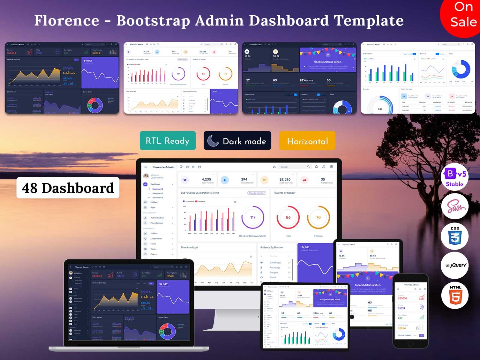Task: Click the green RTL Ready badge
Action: (x=167, y=141)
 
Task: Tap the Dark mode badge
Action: (x=237, y=141)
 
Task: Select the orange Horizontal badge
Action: (x=307, y=141)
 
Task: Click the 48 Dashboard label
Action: (x=68, y=188)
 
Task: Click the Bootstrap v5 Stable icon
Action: (x=455, y=177)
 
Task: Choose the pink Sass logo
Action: (x=455, y=207)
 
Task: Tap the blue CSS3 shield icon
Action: (x=455, y=236)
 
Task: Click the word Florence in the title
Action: (x=67, y=21)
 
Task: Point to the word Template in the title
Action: (x=369, y=21)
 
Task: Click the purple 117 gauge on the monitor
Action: (x=253, y=217)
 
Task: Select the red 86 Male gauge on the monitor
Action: (x=288, y=217)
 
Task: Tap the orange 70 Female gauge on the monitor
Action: (x=318, y=217)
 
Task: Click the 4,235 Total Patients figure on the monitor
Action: (x=206, y=179)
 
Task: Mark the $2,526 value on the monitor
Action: (x=285, y=179)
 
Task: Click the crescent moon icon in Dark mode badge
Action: (x=213, y=141)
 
